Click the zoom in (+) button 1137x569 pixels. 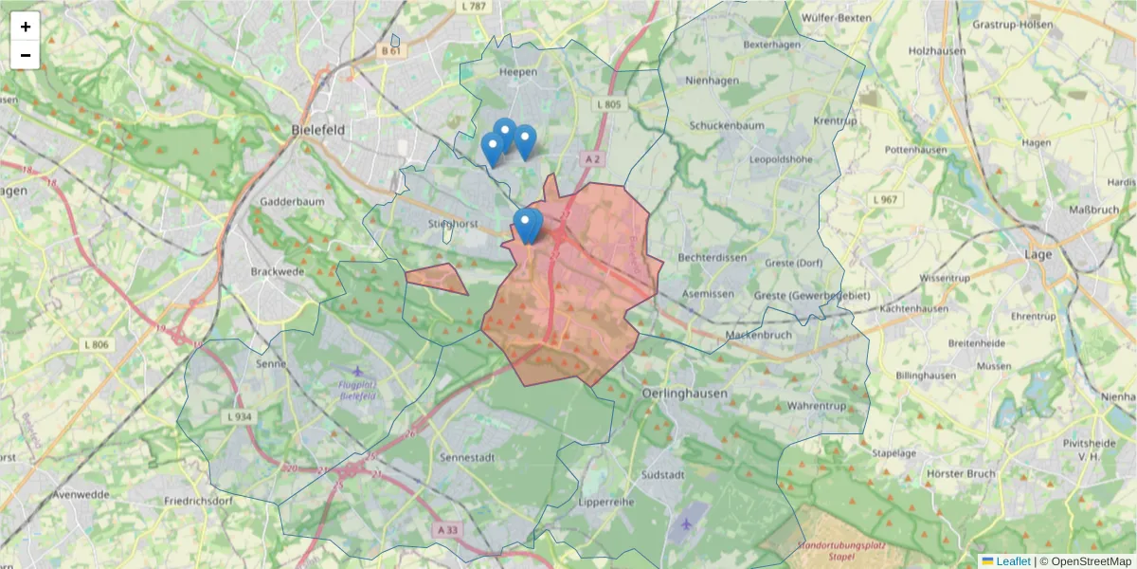coord(26,27)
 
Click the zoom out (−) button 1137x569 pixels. coord(26,55)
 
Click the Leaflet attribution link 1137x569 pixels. coord(1012,561)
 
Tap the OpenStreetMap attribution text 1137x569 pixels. coord(1091,561)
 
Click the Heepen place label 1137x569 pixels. coord(517,71)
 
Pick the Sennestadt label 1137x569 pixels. coord(464,457)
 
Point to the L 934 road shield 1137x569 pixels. coord(239,416)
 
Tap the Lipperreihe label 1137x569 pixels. coord(604,501)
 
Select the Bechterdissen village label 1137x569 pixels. coord(713,258)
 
